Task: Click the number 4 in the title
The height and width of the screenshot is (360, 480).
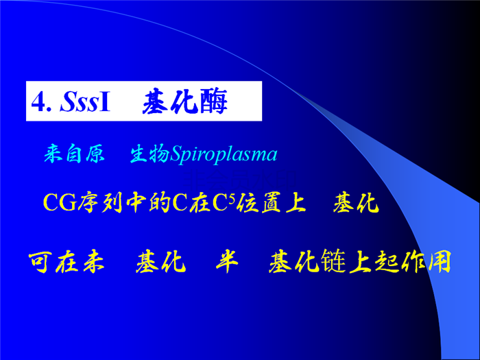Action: [38, 102]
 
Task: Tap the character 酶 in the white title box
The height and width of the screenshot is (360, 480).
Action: [214, 101]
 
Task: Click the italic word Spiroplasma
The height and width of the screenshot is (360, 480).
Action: [224, 154]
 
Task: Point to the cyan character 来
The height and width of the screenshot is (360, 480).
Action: [53, 154]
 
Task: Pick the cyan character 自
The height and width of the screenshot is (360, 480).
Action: [74, 154]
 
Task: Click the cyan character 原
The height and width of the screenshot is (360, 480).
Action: [95, 154]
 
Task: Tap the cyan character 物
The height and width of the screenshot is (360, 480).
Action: [159, 154]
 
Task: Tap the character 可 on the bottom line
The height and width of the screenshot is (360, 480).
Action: [39, 263]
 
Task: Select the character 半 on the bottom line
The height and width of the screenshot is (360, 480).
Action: [227, 262]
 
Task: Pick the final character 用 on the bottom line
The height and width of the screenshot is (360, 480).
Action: [440, 262]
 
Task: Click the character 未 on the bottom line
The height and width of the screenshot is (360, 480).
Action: [94, 262]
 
